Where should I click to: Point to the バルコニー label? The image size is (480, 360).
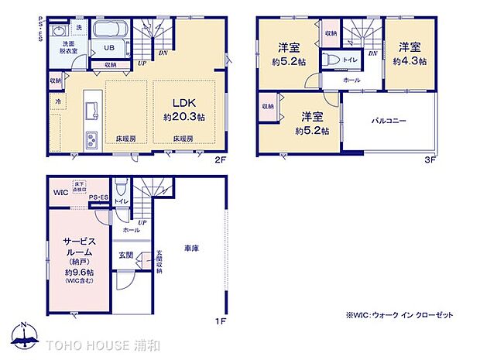(x=389, y=121)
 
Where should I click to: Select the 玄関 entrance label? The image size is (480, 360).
(x=125, y=255)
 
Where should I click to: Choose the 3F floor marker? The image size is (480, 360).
(x=431, y=160)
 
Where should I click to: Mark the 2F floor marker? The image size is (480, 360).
(x=220, y=160)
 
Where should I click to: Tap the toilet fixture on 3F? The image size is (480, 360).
(x=331, y=60)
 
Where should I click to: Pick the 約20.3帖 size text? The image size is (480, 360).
(x=183, y=118)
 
